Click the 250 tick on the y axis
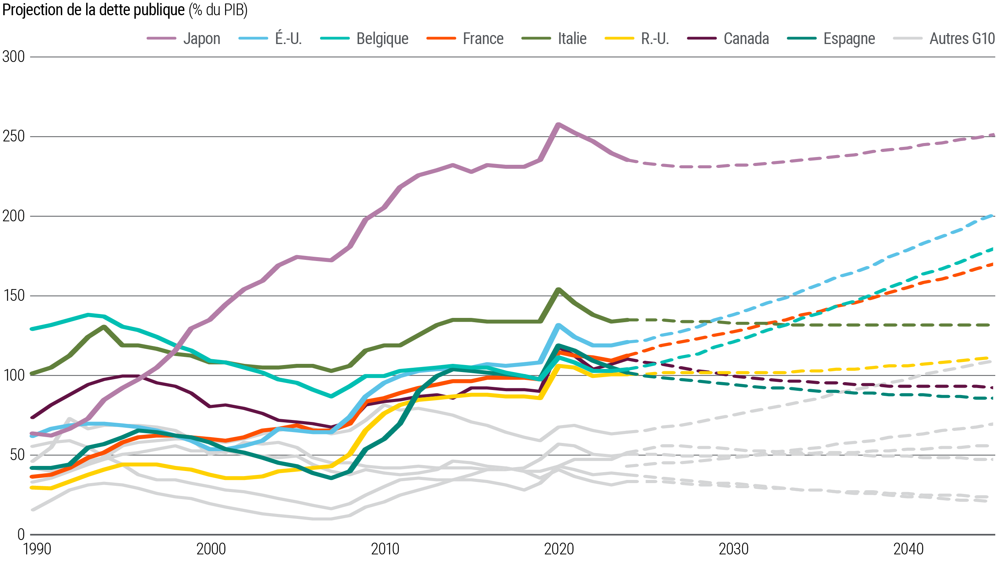tap(14, 136)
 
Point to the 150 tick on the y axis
tap(14, 296)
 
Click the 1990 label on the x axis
tap(37, 549)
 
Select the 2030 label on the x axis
tap(734, 549)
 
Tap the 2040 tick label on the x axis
tap(908, 549)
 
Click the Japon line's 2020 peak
tap(559, 124)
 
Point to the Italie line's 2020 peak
tap(559, 289)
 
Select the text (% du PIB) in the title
tap(218, 10)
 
